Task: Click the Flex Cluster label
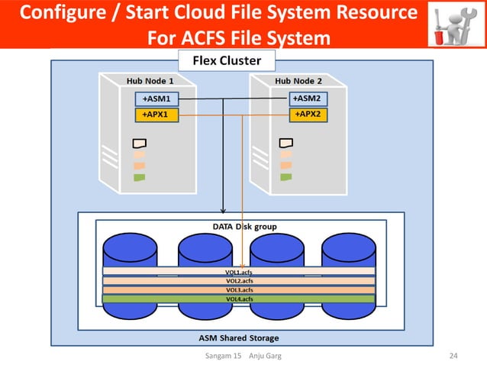pos(226,60)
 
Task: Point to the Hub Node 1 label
pos(150,80)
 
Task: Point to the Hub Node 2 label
pos(298,80)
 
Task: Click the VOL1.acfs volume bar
pos(239,272)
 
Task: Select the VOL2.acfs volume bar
pos(239,281)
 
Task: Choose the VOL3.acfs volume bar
pos(239,289)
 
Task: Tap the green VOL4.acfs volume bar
pos(239,299)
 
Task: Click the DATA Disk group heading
pos(244,227)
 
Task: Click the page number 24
pos(453,357)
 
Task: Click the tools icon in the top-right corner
pos(453,24)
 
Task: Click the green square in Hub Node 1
pos(139,177)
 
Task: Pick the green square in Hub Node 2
pos(286,177)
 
